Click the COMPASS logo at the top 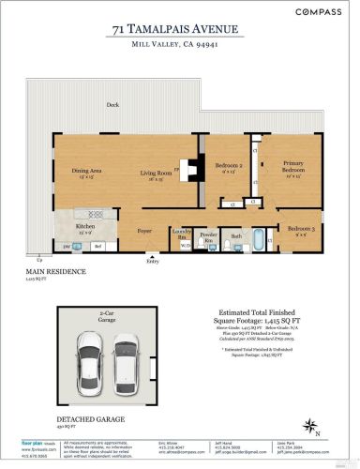tap(318, 12)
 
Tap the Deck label tap(112, 105)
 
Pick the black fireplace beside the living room tap(190, 169)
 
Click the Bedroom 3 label tap(299, 231)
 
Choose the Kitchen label tap(87, 226)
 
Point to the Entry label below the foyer tap(152, 261)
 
